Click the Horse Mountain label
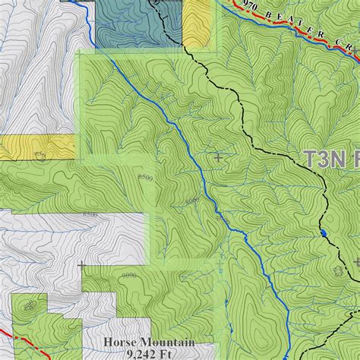point(149,343)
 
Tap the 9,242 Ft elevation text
point(149,354)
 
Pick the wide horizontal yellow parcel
point(38,147)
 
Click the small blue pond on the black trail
point(324,232)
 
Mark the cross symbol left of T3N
point(219,157)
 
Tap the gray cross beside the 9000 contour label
point(82,265)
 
